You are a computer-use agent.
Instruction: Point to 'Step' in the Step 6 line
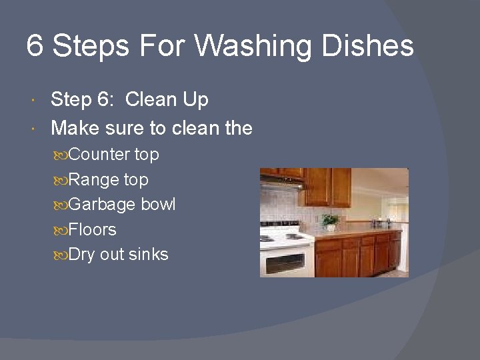click(71, 100)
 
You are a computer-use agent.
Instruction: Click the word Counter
click(99, 155)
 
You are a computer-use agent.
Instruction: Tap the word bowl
click(158, 205)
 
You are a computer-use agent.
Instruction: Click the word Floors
click(93, 230)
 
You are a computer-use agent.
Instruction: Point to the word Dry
click(82, 255)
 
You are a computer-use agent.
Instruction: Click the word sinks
click(149, 255)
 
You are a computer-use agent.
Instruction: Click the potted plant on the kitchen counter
click(329, 221)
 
